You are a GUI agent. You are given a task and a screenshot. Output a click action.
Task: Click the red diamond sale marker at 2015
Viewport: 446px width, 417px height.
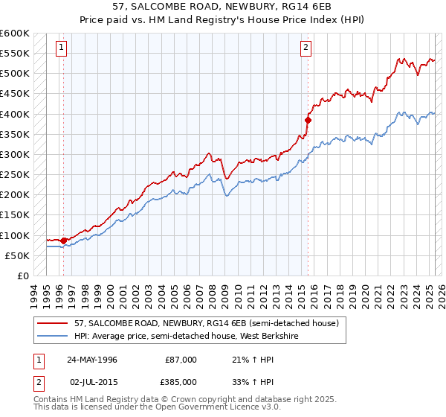pyautogui.click(x=308, y=119)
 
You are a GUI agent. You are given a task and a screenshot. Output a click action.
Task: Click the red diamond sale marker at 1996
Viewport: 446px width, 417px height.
pyautogui.click(x=64, y=240)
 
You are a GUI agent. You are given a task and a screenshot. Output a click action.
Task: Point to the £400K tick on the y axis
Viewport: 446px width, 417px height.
pyautogui.click(x=15, y=114)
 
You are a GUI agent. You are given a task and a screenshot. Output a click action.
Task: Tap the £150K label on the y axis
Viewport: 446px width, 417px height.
pyautogui.click(x=15, y=215)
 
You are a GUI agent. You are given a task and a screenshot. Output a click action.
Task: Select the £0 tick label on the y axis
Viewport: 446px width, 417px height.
pyautogui.click(x=22, y=276)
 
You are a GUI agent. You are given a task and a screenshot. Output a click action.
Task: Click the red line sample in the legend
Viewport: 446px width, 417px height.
pyautogui.click(x=52, y=323)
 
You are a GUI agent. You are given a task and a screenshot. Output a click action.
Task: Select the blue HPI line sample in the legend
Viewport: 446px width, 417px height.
pyautogui.click(x=52, y=335)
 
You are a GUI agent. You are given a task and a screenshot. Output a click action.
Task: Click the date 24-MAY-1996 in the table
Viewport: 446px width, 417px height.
pyautogui.click(x=92, y=359)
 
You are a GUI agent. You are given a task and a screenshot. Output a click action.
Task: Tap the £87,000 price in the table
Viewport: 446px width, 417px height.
pyautogui.click(x=181, y=359)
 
